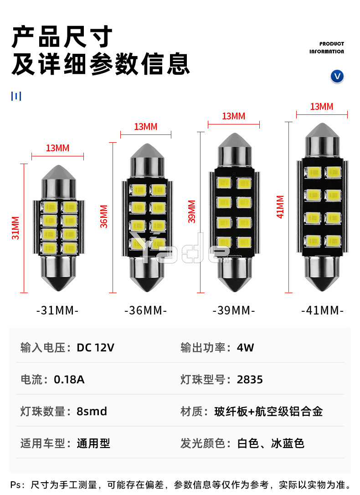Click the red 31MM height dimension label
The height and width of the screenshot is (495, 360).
click(x=16, y=228)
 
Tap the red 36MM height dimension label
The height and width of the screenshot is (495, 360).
click(x=104, y=217)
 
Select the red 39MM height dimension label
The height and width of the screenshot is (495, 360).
click(x=192, y=211)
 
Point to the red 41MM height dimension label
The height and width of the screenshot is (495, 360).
click(x=280, y=207)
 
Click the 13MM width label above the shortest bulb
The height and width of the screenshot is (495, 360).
click(x=57, y=148)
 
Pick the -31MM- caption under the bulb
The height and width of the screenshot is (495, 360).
click(x=57, y=311)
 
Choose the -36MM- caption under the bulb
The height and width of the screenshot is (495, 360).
click(x=146, y=311)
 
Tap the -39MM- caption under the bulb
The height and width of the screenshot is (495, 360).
click(x=234, y=311)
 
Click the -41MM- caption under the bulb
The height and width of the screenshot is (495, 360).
click(x=322, y=311)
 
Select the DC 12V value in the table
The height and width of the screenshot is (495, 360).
click(x=95, y=348)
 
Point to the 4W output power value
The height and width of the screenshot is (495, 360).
click(x=245, y=348)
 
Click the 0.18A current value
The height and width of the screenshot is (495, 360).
click(x=69, y=380)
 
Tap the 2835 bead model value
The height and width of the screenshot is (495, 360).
click(x=250, y=380)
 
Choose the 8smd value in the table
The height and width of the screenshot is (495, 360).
click(x=92, y=412)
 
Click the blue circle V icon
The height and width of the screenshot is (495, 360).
click(x=337, y=76)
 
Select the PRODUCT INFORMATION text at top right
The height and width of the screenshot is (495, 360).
click(x=327, y=48)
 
